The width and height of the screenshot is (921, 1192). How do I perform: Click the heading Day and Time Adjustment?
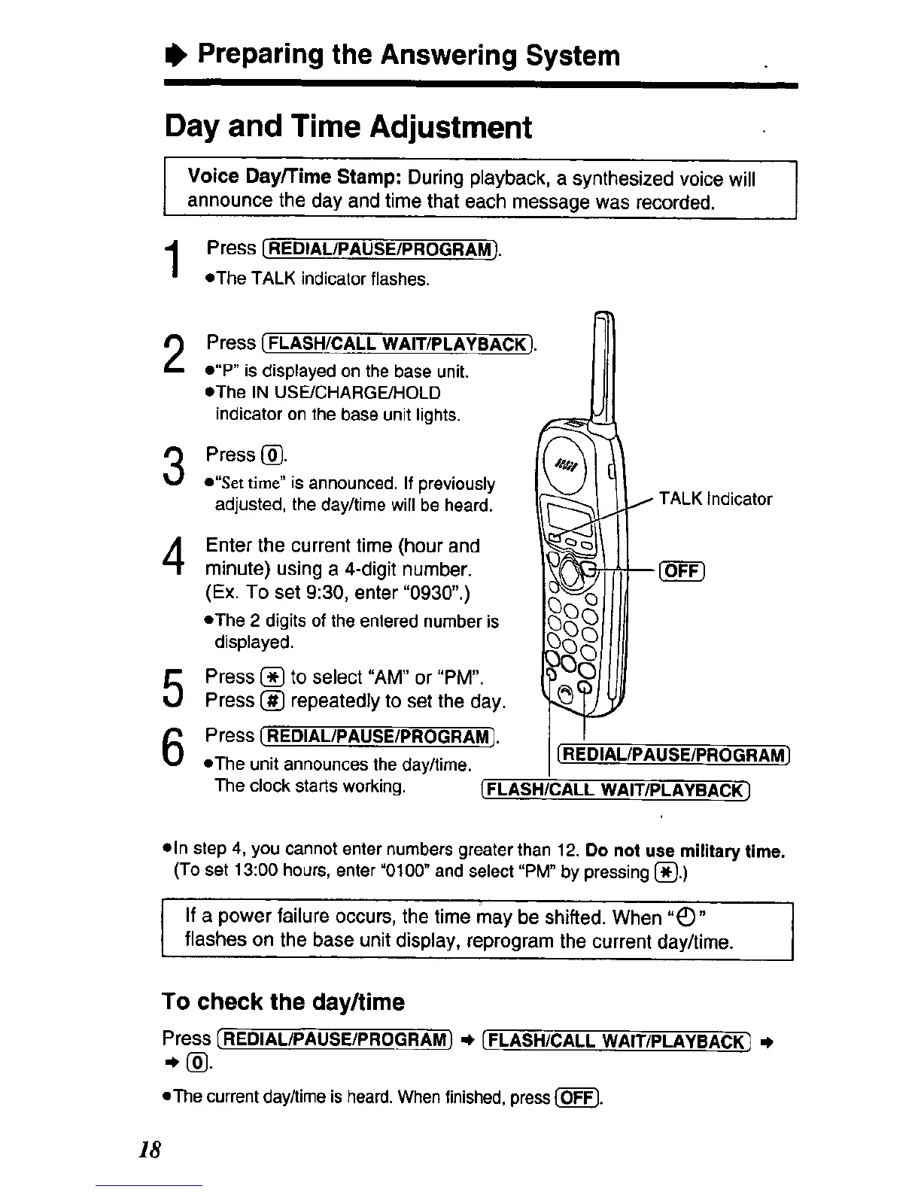tap(348, 127)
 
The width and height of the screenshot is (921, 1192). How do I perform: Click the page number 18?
tap(150, 1150)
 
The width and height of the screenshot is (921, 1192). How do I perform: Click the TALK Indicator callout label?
tap(715, 499)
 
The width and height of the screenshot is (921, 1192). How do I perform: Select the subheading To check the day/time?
tap(283, 1002)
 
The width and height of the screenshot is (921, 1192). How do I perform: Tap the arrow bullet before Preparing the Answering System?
tap(175, 55)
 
